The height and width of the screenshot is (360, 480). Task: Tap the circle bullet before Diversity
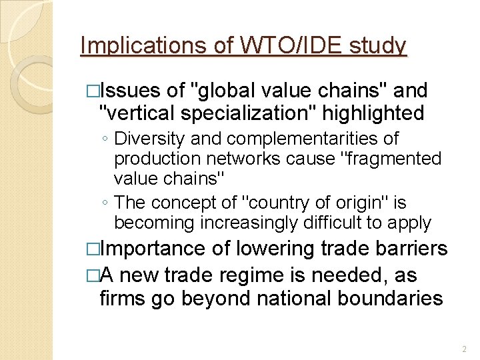105,139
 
